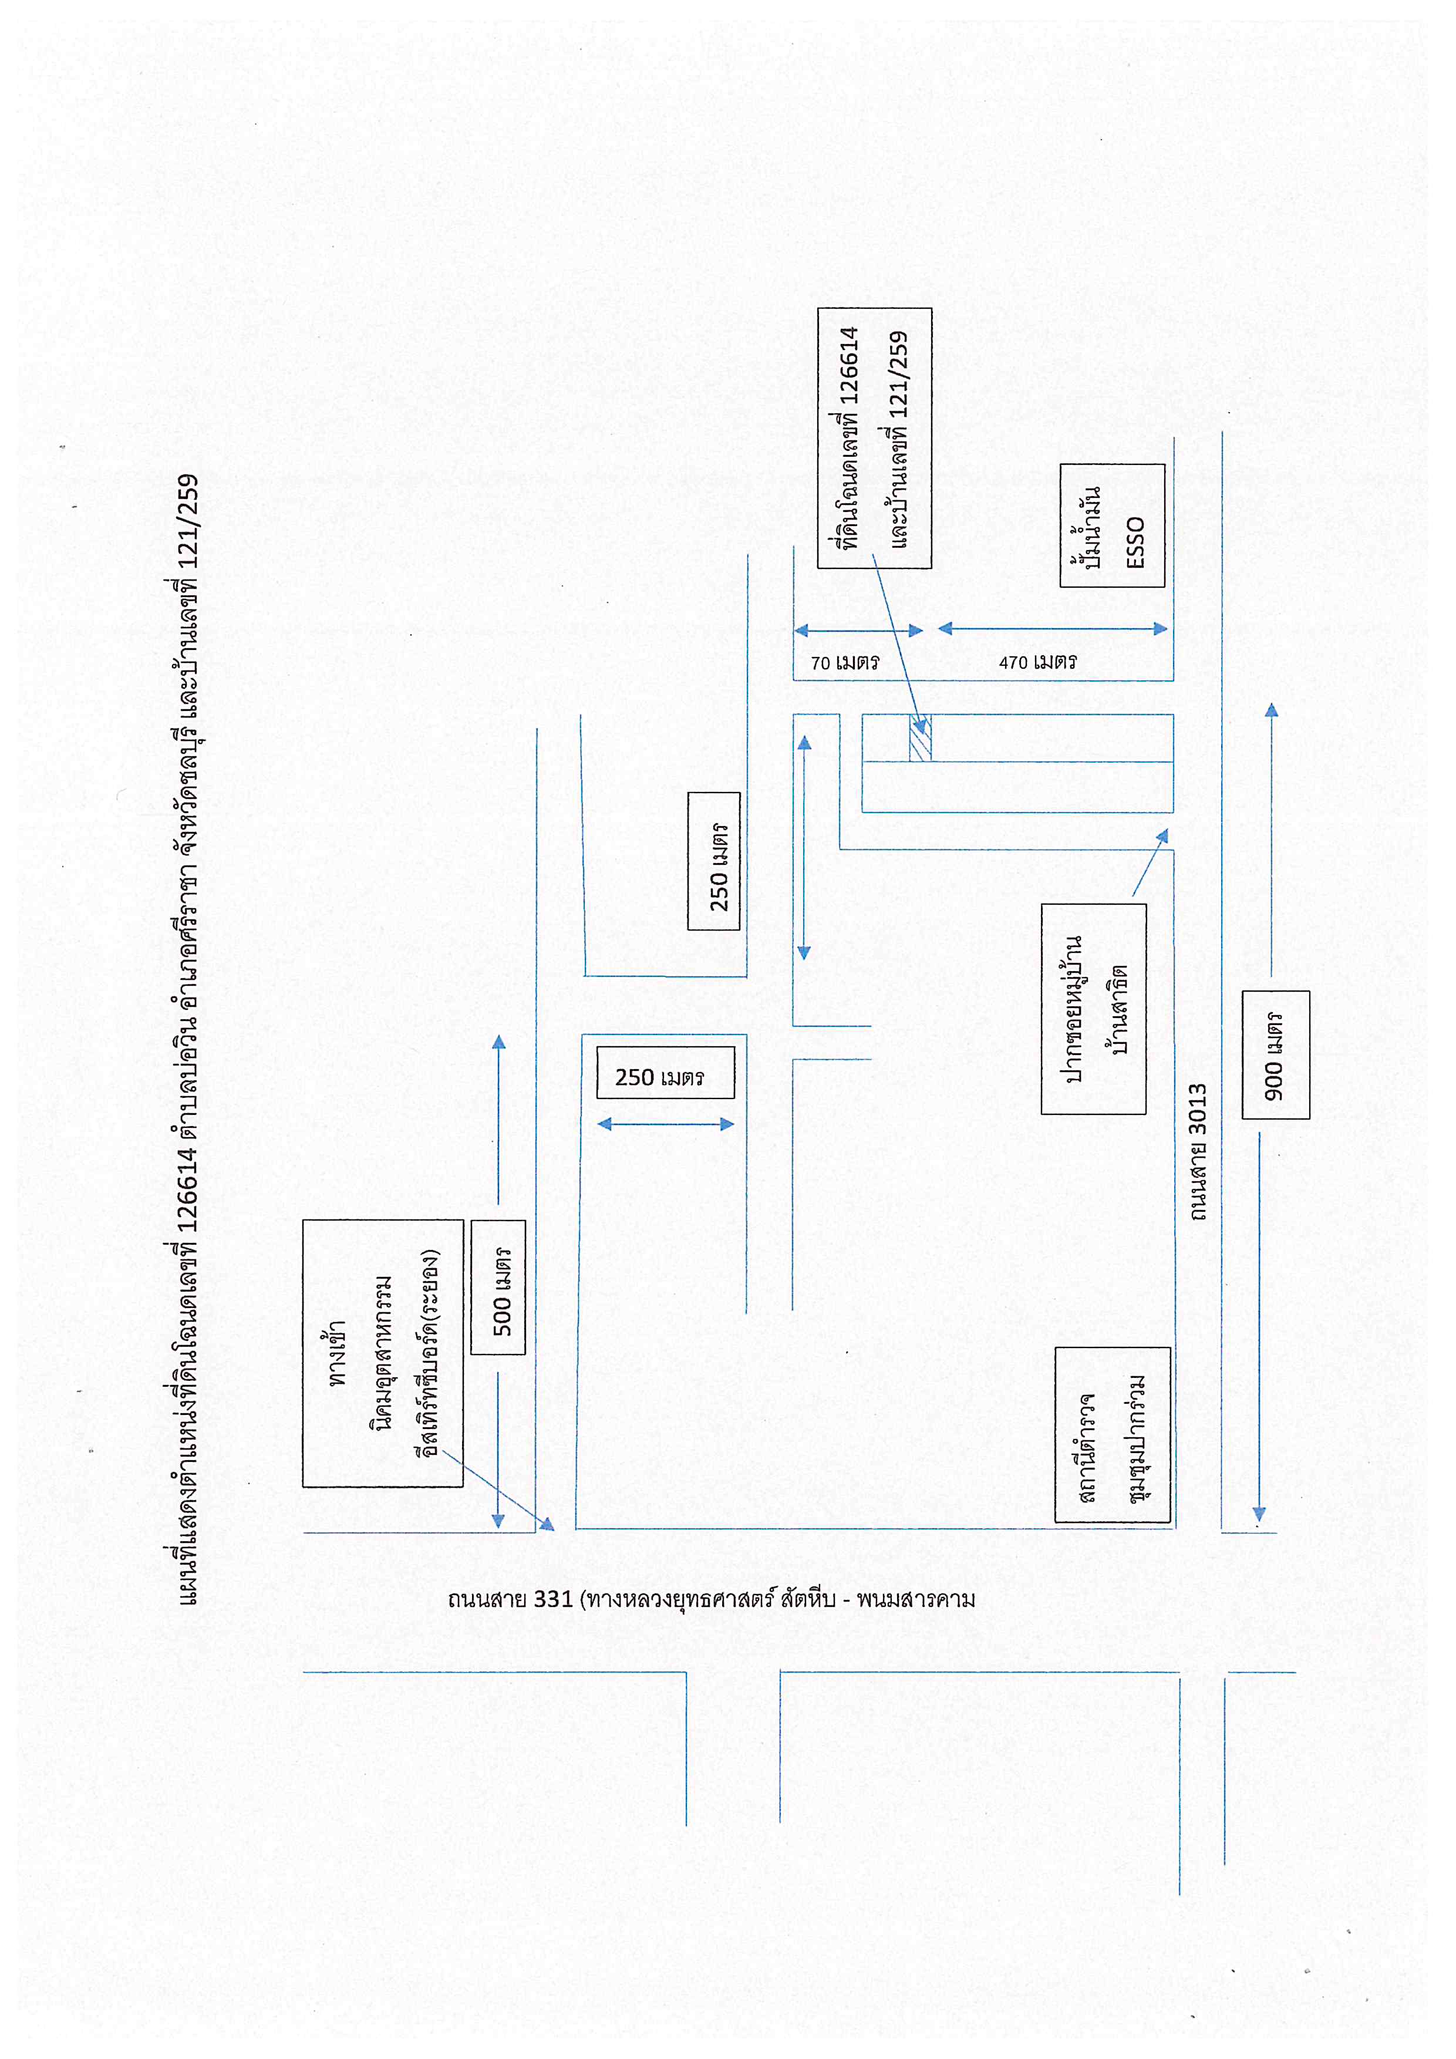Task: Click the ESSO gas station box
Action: tap(1112, 525)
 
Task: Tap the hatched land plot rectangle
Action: tap(921, 737)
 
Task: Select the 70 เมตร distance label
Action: tap(845, 663)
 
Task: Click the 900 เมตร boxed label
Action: tap(1276, 1054)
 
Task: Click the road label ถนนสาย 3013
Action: tap(1199, 1152)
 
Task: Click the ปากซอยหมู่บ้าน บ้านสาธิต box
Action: tap(1094, 1009)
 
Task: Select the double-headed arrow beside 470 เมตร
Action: tap(1053, 629)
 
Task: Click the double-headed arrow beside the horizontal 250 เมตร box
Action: tap(665, 1124)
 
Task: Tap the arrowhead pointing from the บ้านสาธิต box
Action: tap(1163, 837)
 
